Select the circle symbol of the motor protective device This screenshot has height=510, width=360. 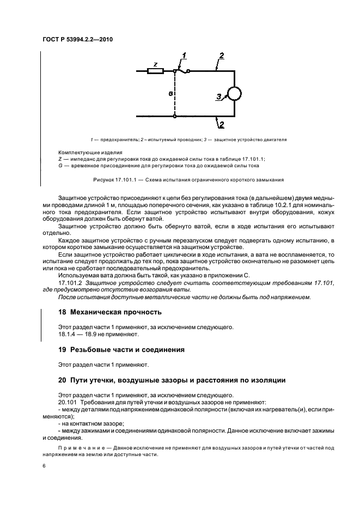235,94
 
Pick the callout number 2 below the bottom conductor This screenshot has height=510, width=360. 221,125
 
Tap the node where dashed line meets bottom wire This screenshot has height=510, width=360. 174,116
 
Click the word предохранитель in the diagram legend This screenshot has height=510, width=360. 112,140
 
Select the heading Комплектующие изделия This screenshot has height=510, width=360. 90,152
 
